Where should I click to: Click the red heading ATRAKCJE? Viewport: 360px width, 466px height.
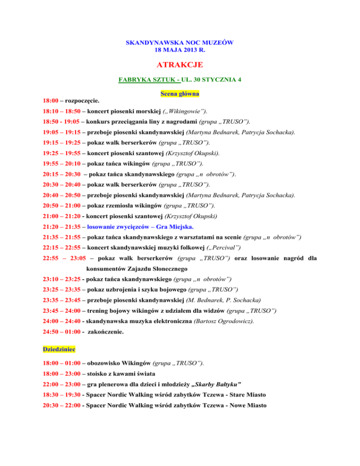pos(180,64)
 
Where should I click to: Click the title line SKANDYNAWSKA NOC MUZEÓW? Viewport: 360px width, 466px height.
pos(180,43)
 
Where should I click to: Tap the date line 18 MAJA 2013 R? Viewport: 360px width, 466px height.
pos(180,50)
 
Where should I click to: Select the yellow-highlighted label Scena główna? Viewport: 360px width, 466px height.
pos(180,94)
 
